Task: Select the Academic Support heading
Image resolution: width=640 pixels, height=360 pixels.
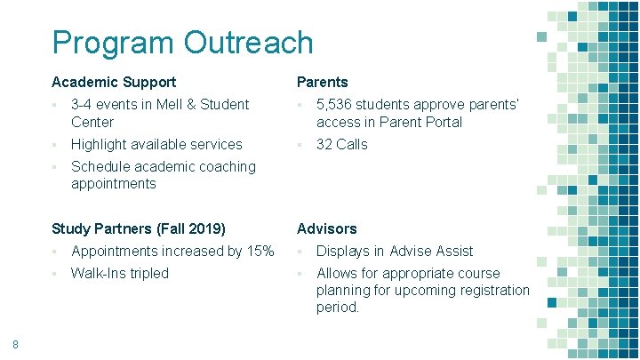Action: coord(114,83)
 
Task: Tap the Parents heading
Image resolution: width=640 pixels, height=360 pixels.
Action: coord(323,83)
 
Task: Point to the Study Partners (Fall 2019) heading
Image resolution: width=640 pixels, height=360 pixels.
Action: coord(139,229)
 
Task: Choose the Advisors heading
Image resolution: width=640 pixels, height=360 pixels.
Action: coord(327,229)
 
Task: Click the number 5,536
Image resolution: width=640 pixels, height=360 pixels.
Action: coord(337,105)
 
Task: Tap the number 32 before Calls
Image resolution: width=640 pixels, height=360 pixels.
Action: coord(325,144)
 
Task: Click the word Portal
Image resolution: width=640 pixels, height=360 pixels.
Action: coord(442,122)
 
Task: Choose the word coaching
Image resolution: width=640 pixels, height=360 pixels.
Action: coord(225,166)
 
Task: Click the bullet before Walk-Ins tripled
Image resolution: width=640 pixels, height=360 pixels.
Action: coord(55,274)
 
